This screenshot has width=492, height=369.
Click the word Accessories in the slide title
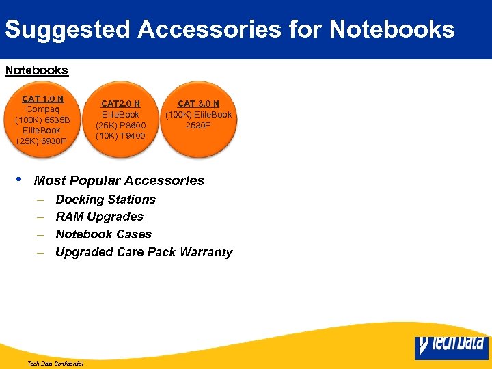209,29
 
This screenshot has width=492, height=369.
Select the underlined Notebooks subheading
37,70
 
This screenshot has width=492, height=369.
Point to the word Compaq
42,109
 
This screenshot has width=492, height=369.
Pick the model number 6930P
54,141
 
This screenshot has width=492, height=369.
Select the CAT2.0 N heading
120,104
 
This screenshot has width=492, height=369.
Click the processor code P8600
131,125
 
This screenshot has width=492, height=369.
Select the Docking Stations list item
105,200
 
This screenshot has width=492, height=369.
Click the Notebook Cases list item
103,234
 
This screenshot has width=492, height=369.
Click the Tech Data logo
450,346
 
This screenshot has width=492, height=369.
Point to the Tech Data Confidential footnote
55,364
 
